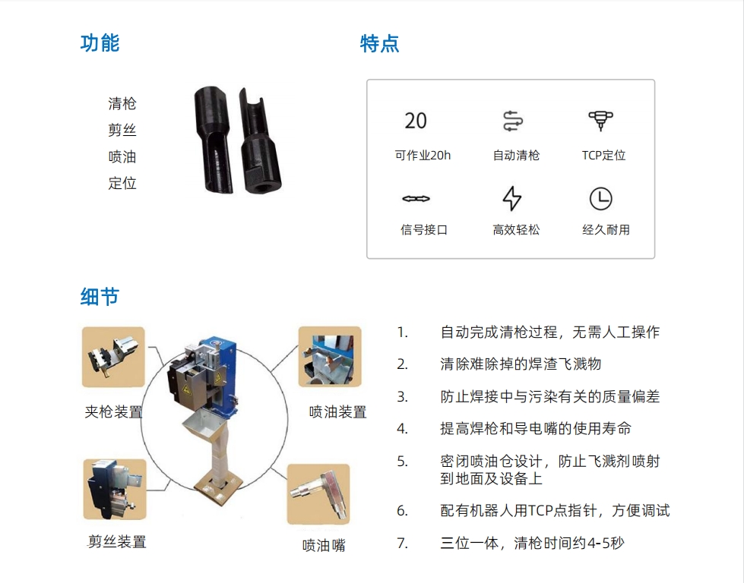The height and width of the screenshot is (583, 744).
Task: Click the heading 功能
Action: point(100,43)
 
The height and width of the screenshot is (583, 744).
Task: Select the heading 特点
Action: point(379,43)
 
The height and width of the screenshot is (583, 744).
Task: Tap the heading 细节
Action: point(100,297)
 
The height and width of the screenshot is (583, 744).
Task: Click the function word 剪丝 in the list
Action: point(122,130)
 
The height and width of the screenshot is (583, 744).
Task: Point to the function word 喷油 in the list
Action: point(122,156)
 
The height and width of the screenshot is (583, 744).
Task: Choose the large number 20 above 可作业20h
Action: point(416,121)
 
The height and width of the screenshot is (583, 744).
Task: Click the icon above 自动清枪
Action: point(513,121)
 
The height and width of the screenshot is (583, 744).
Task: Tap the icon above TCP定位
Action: point(600,121)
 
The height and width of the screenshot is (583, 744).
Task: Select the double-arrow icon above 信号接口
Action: point(416,199)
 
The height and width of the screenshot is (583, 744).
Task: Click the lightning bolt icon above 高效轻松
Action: point(512,198)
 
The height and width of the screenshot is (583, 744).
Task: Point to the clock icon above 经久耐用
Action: point(600,199)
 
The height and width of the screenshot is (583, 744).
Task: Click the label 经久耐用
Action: point(606,230)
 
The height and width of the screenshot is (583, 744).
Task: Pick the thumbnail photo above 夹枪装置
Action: point(113,357)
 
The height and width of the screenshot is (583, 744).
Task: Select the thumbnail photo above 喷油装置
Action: point(330,357)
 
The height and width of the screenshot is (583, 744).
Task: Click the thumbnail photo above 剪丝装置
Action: point(115,489)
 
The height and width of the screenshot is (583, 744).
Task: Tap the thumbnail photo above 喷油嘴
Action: point(318,494)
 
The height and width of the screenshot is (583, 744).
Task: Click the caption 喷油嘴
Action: point(324,546)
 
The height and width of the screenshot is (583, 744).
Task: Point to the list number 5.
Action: point(402,462)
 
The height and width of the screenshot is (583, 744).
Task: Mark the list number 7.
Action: point(402,543)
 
